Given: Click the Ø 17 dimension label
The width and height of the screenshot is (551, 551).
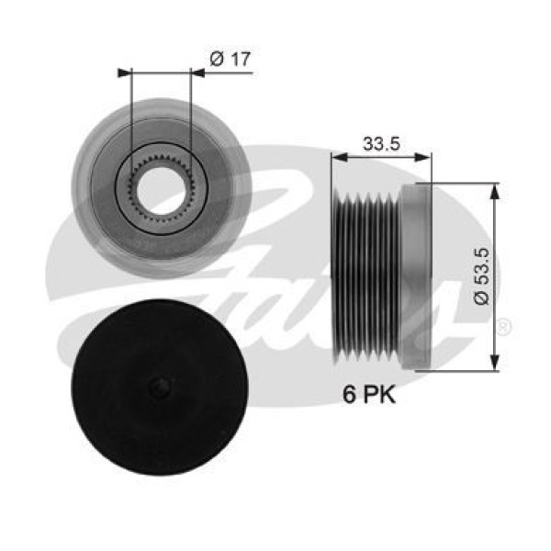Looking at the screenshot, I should click(231, 59).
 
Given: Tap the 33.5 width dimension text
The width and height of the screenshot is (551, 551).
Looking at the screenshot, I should click(380, 143).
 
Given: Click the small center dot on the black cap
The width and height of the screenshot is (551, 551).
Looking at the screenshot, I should click(163, 386).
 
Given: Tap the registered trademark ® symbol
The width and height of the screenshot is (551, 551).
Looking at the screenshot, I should click(504, 325).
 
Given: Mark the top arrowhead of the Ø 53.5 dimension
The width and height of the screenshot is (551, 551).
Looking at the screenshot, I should click(496, 189).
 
